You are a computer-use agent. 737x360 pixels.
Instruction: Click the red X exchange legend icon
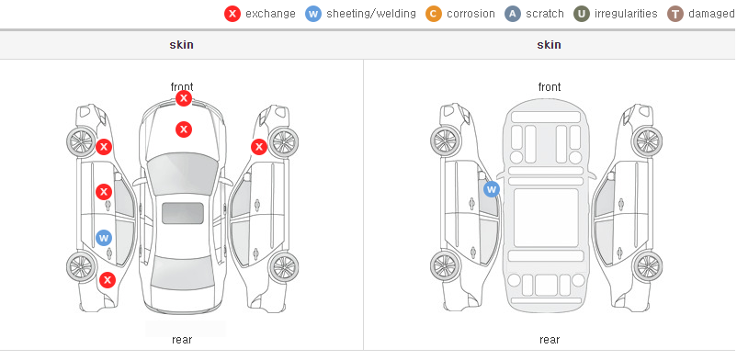coord(232,14)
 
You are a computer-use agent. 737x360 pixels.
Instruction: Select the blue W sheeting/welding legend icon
coord(313,14)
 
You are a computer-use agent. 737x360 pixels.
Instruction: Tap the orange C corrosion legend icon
coord(434,14)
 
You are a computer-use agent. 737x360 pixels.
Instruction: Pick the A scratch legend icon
coord(513,14)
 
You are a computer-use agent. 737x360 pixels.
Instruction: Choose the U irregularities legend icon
coord(582,14)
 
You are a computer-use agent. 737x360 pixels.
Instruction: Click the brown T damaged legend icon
coord(675,14)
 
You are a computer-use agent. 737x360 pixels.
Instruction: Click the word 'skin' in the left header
coord(181,45)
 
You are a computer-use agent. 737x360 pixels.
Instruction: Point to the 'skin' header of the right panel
coord(549,45)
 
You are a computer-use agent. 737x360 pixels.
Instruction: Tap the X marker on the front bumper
coord(184,98)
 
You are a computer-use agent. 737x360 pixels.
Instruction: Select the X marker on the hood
coord(184,129)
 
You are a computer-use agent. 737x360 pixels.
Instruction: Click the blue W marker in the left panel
coord(104,238)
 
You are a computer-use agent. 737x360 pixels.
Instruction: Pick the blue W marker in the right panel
coord(491,189)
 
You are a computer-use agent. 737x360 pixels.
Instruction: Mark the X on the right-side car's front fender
coord(259,147)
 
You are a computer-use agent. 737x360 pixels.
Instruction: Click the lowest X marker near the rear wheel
coord(108,280)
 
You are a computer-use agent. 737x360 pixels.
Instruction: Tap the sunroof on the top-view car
coord(183,213)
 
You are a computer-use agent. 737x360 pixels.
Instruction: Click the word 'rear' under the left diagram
coord(182,340)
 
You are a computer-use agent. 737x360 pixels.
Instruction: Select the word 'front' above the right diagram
coord(550,87)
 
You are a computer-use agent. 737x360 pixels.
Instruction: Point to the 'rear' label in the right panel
coord(550,340)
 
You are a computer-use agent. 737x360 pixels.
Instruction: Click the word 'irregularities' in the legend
coord(626,14)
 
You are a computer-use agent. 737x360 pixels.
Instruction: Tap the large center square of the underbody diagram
coord(546,218)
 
